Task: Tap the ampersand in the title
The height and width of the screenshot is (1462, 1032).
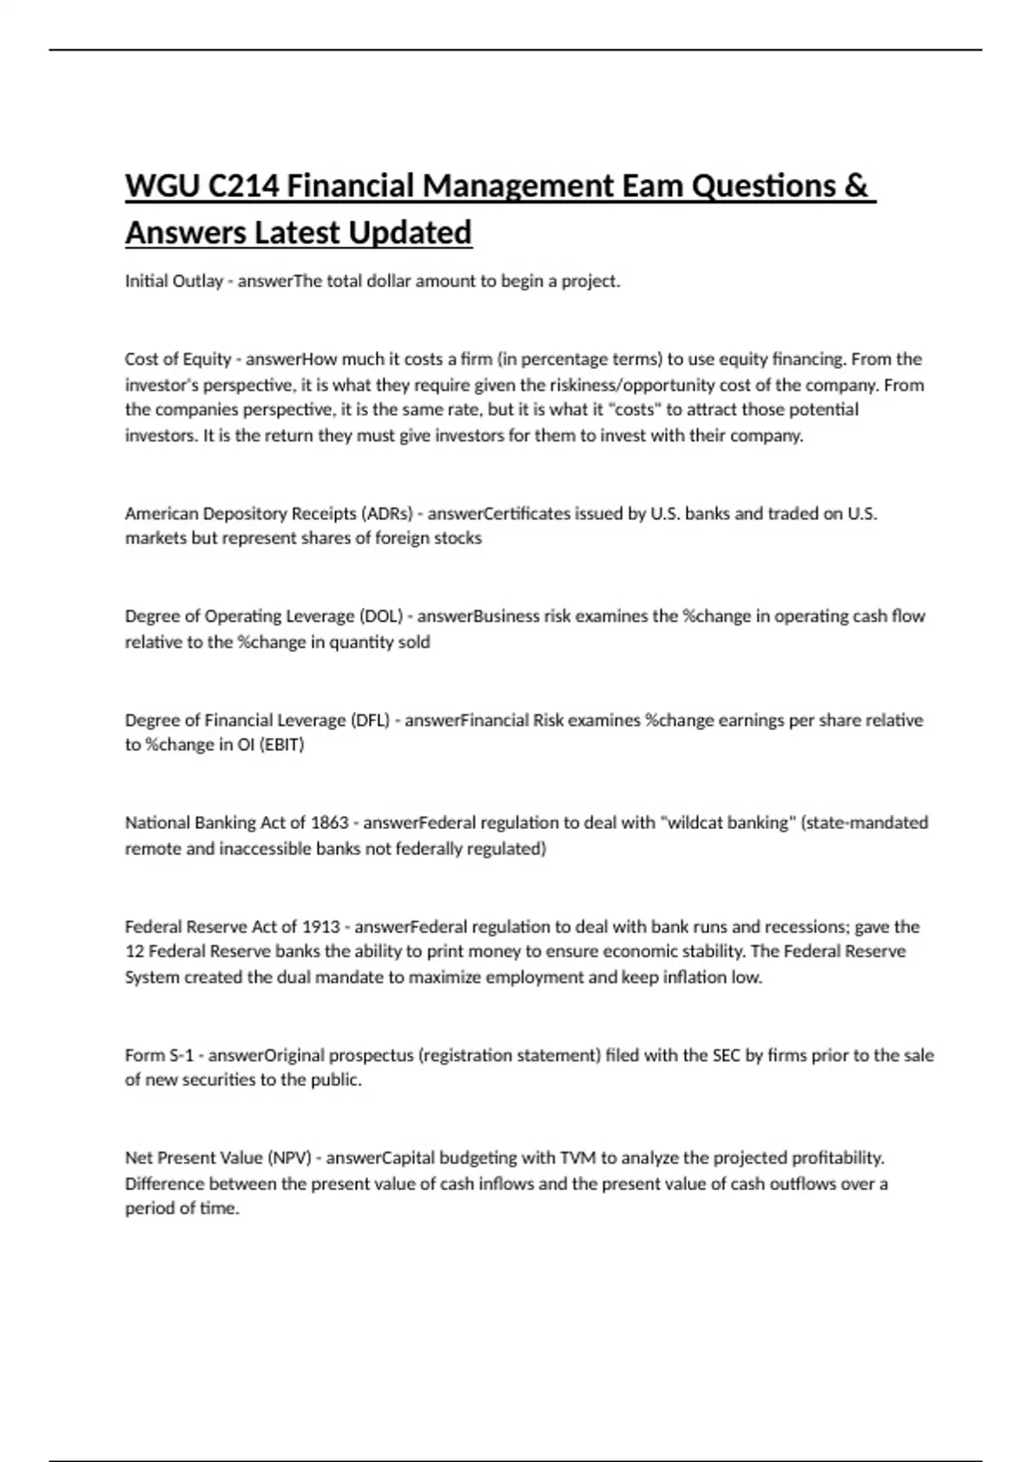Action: point(856,186)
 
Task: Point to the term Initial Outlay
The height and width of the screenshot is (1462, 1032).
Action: point(174,281)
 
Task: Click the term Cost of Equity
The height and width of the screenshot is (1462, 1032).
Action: point(178,359)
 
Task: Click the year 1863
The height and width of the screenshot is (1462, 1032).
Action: point(329,823)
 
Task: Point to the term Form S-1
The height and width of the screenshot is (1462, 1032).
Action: point(159,1055)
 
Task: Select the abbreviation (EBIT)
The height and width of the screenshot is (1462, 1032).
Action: point(282,745)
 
